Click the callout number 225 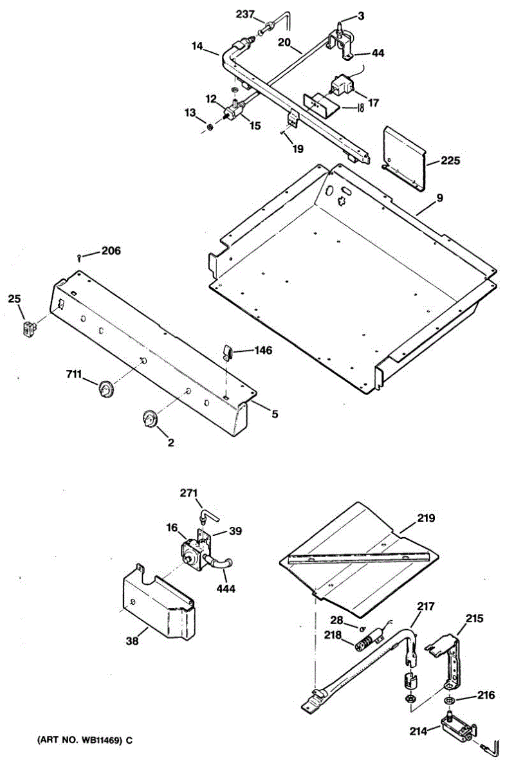(x=451, y=161)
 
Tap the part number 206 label (x=111, y=250)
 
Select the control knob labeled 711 (x=104, y=389)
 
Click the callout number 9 (x=439, y=199)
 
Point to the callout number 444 (x=225, y=588)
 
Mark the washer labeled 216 (x=448, y=699)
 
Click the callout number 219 (x=426, y=517)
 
